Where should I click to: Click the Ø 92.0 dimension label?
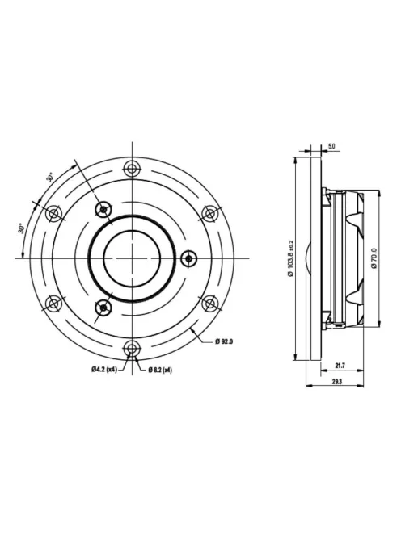224,343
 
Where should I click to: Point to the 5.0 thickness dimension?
331,146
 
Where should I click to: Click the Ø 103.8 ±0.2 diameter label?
291,258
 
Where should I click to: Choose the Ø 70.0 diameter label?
375,258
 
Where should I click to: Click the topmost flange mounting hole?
131,168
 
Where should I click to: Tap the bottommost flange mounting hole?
131,348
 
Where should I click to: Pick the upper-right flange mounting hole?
209,213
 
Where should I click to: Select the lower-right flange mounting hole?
209,304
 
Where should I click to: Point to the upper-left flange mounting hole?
53,213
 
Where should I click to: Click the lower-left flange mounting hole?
53,304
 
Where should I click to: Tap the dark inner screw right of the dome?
188,258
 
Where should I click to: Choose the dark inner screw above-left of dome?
103,210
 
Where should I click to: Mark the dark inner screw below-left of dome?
103,307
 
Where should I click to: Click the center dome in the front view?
131,258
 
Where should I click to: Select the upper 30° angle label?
50,177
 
